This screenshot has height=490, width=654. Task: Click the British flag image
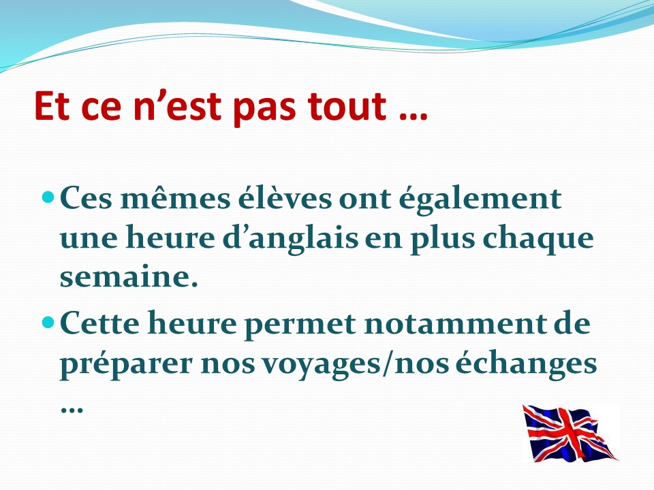click(570, 434)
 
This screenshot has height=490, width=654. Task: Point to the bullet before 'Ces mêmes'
click(49, 196)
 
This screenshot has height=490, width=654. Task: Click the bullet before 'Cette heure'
click(49, 322)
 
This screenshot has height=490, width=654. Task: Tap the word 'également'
click(480, 199)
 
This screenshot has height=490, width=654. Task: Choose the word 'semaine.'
click(129, 277)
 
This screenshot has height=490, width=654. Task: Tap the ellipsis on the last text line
click(72, 410)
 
